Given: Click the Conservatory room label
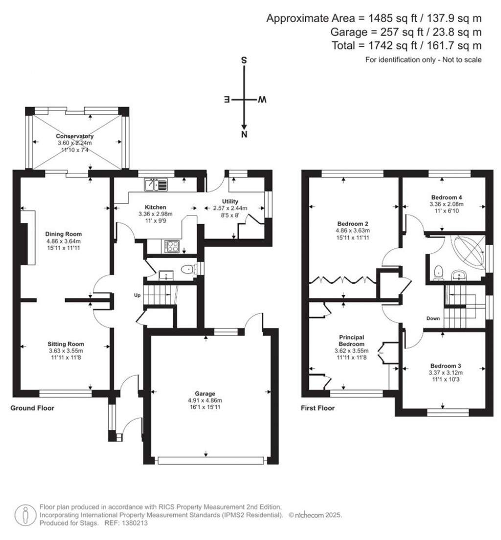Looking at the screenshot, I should tap(74, 136).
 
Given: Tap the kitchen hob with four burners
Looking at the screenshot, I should tap(172, 247).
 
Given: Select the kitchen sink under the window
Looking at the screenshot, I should tap(156, 185).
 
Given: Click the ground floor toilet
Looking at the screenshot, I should tap(187, 270).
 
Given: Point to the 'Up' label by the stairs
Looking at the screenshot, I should tap(138, 295).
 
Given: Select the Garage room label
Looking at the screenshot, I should tap(210, 394).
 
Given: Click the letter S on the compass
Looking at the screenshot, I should tap(243, 61).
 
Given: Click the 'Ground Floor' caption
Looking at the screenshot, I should tap(32, 408).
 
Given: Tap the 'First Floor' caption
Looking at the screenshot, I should tap(318, 408).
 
